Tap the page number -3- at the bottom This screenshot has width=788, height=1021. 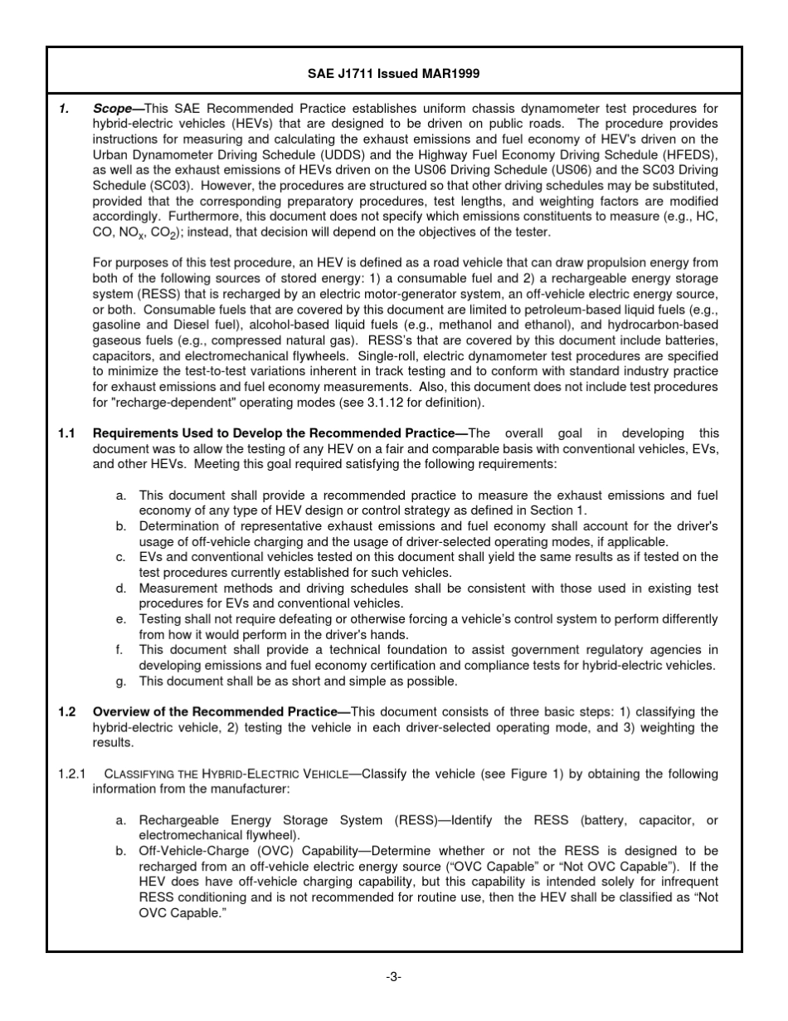(394, 976)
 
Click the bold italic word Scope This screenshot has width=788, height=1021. (112, 109)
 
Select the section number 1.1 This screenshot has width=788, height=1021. (67, 433)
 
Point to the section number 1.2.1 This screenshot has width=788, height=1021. (72, 774)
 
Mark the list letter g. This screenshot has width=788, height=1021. (121, 681)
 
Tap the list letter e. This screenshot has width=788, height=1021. (121, 619)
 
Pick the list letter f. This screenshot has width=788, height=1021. (121, 650)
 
